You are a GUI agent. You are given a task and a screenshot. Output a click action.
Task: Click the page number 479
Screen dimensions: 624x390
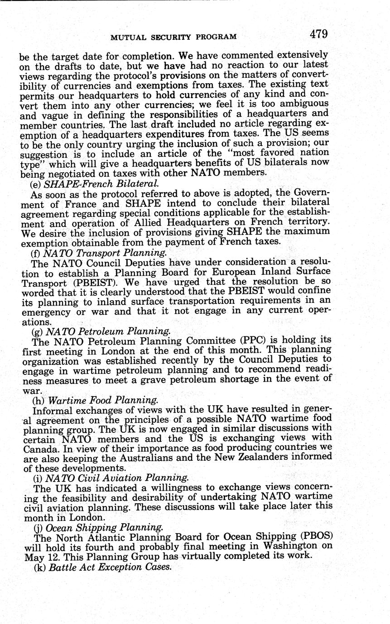[319, 34]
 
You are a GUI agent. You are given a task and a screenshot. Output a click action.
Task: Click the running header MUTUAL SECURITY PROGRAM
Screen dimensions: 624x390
[173, 37]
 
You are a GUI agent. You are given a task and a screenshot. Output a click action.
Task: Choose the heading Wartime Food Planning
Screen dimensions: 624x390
[103, 401]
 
